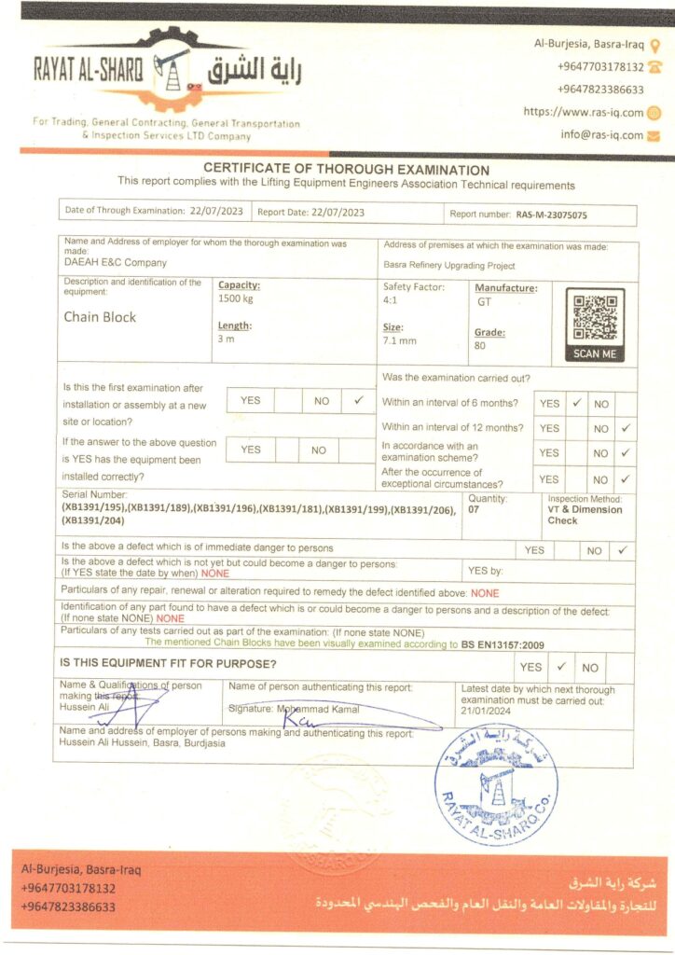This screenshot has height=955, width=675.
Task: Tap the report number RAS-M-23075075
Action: coord(552,214)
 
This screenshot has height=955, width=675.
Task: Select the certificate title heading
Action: coord(346,170)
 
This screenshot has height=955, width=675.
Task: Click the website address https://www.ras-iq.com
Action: coord(583,112)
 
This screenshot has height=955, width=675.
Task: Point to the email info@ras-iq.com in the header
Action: coord(601,134)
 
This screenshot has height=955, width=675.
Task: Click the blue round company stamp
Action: coord(496,771)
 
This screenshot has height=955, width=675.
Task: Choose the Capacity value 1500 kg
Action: coord(235,298)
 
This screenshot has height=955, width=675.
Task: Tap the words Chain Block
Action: coord(100,317)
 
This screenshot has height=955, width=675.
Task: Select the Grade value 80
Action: coord(480,345)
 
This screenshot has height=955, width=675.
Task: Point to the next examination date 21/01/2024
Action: coord(486,712)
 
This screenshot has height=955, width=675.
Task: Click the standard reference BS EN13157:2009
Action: coord(503,644)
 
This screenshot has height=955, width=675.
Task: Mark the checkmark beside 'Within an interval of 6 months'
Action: coord(577,403)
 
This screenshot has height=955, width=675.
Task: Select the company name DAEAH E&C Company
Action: coord(116,263)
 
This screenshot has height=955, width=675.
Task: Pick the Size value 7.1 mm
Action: coord(400,341)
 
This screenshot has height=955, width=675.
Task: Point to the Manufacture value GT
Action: coord(484,302)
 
